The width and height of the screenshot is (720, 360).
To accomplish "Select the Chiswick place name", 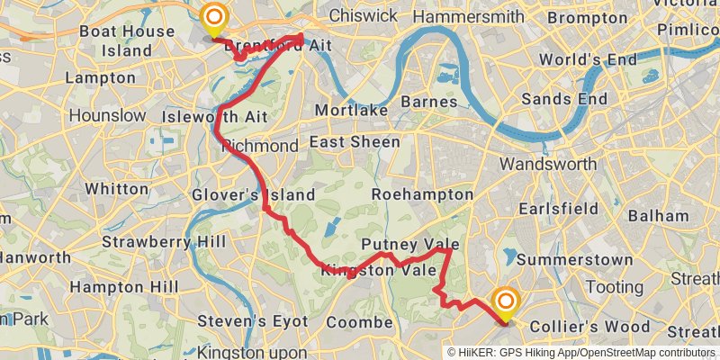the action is (363, 15).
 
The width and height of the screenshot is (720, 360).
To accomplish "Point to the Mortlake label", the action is (351, 110).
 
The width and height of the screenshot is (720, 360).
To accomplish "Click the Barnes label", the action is (430, 102).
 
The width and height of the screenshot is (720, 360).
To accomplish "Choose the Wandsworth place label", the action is (548, 164).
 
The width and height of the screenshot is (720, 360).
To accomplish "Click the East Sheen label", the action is (355, 142).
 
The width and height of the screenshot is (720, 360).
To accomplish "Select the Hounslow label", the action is (107, 115).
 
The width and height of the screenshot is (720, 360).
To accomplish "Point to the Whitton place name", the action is (117, 189).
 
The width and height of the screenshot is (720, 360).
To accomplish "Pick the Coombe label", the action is (355, 322).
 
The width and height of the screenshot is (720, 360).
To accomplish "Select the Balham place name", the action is (658, 216).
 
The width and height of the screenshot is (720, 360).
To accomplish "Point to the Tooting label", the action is (610, 288).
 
